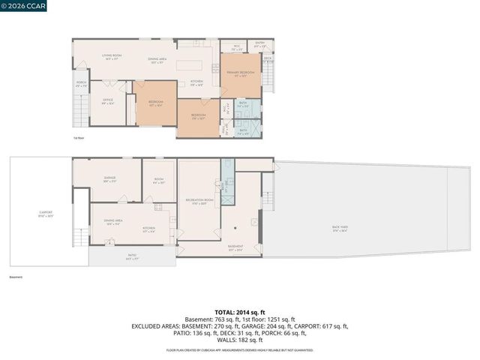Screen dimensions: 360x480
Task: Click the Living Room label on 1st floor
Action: (112, 58)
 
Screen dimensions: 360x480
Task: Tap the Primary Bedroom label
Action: (241, 73)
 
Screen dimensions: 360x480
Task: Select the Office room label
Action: (107, 102)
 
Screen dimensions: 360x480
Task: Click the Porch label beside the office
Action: (82, 84)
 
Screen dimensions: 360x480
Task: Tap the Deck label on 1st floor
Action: (268, 58)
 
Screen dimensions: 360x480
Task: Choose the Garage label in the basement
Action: (109, 179)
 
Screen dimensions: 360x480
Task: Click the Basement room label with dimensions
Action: (235, 248)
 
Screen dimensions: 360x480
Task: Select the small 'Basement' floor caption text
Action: (16, 276)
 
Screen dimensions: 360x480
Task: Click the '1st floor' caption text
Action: (78, 139)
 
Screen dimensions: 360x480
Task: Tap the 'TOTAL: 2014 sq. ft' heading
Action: (239, 312)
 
